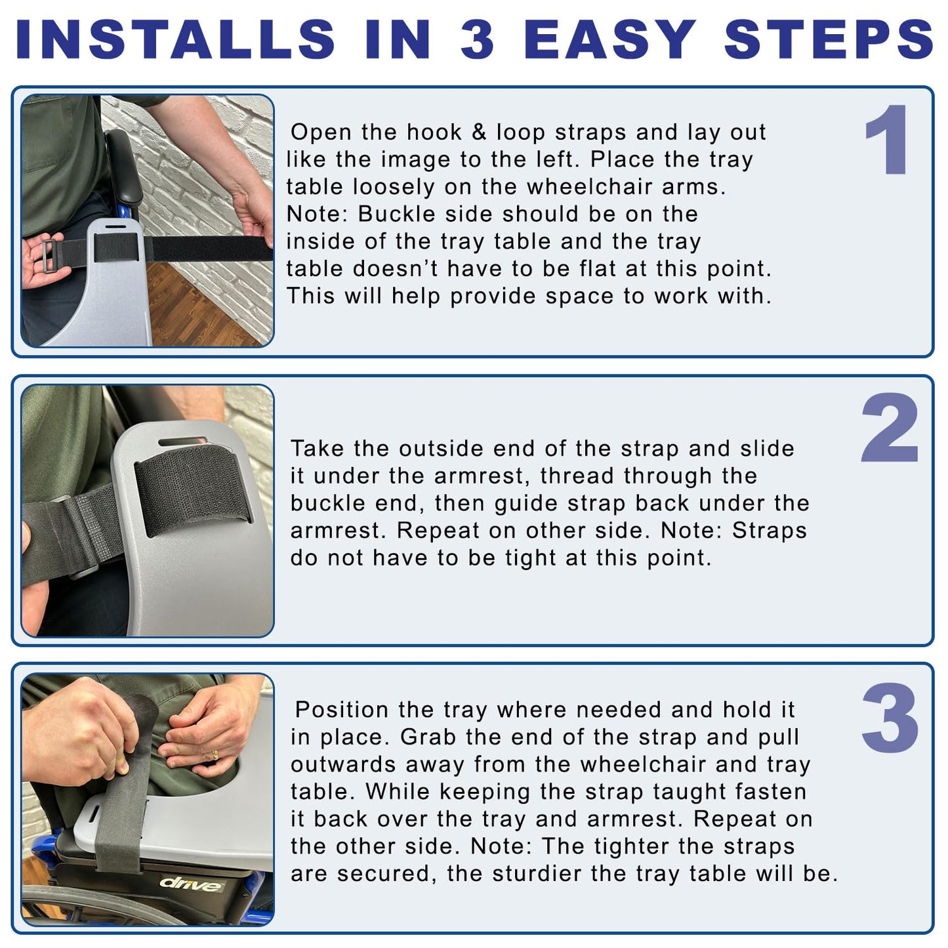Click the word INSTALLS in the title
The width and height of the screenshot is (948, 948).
point(176,39)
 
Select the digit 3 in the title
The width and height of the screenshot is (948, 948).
point(477,39)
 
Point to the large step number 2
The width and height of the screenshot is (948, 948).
point(890,427)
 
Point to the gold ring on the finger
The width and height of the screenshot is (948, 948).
point(215,754)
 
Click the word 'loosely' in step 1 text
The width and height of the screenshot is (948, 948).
point(394,188)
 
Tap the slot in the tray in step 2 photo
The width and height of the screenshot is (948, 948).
point(183,442)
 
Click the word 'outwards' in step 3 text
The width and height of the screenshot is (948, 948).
point(343,764)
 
